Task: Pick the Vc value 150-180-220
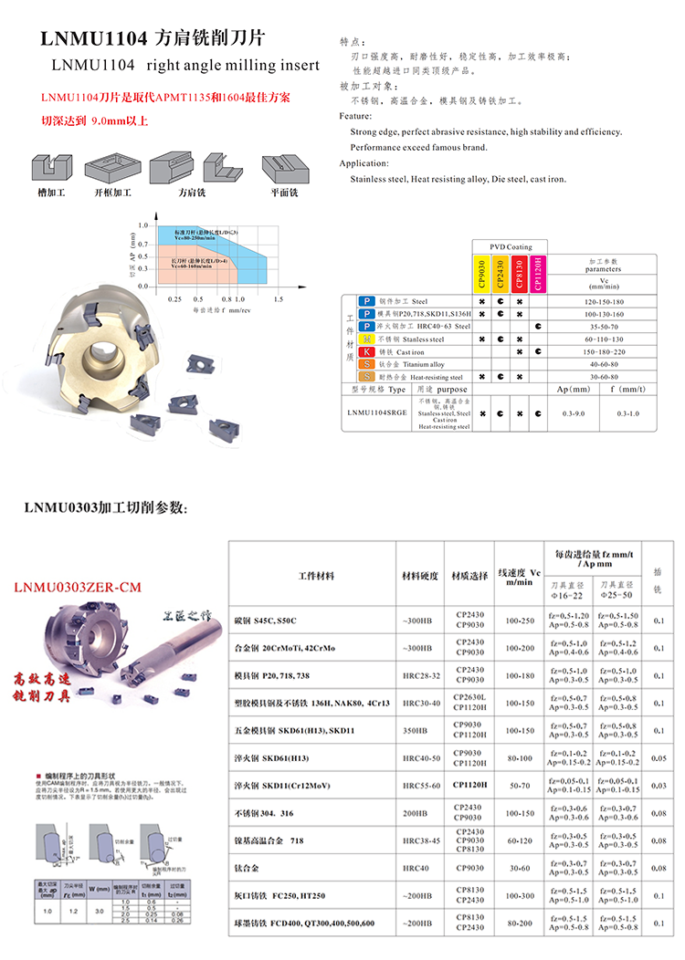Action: pyautogui.click(x=603, y=351)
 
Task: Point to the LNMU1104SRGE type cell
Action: pyautogui.click(x=377, y=413)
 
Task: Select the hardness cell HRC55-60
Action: pyautogui.click(x=421, y=785)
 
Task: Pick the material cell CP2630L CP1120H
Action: pyautogui.click(x=468, y=703)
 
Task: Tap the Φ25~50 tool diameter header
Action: pyautogui.click(x=617, y=588)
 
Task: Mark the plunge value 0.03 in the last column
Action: pyautogui.click(x=659, y=785)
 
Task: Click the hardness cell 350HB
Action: pyautogui.click(x=421, y=730)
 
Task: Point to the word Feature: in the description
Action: pyautogui.click(x=355, y=117)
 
